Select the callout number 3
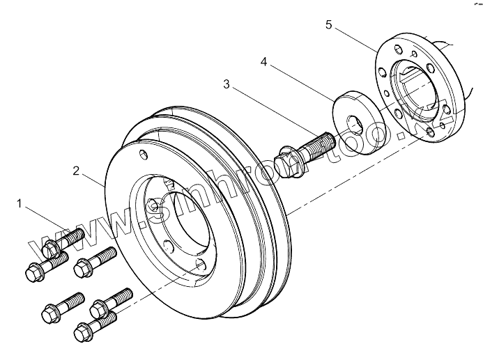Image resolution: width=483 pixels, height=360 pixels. (x=227, y=84)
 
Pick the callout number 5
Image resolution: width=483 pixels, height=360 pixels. (x=328, y=25)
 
